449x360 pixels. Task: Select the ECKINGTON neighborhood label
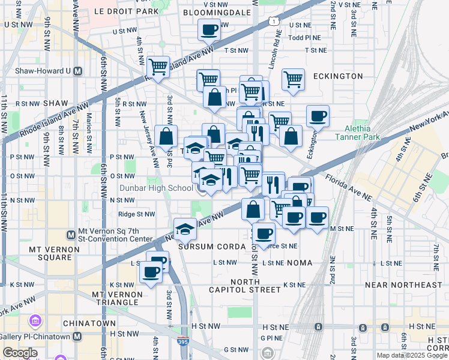pos(337,76)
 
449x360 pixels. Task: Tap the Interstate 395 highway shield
pos(184,341)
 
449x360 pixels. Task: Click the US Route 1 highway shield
pos(274,22)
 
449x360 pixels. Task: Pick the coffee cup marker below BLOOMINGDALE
pos(209,29)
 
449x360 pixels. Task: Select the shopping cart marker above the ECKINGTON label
pos(292,79)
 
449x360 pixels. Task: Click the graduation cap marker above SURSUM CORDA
pos(185,229)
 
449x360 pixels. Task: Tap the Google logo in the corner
pos(19,352)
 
